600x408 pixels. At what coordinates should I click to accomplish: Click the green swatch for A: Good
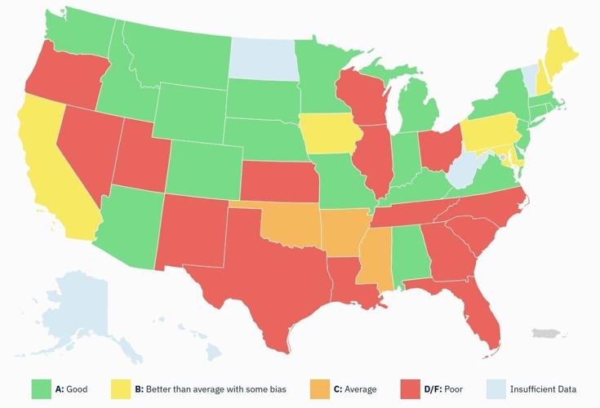point(42,389)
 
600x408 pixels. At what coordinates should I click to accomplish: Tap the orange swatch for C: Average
point(322,389)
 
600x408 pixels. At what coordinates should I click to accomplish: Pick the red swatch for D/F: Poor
point(411,389)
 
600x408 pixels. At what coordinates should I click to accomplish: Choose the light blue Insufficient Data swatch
point(497,389)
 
